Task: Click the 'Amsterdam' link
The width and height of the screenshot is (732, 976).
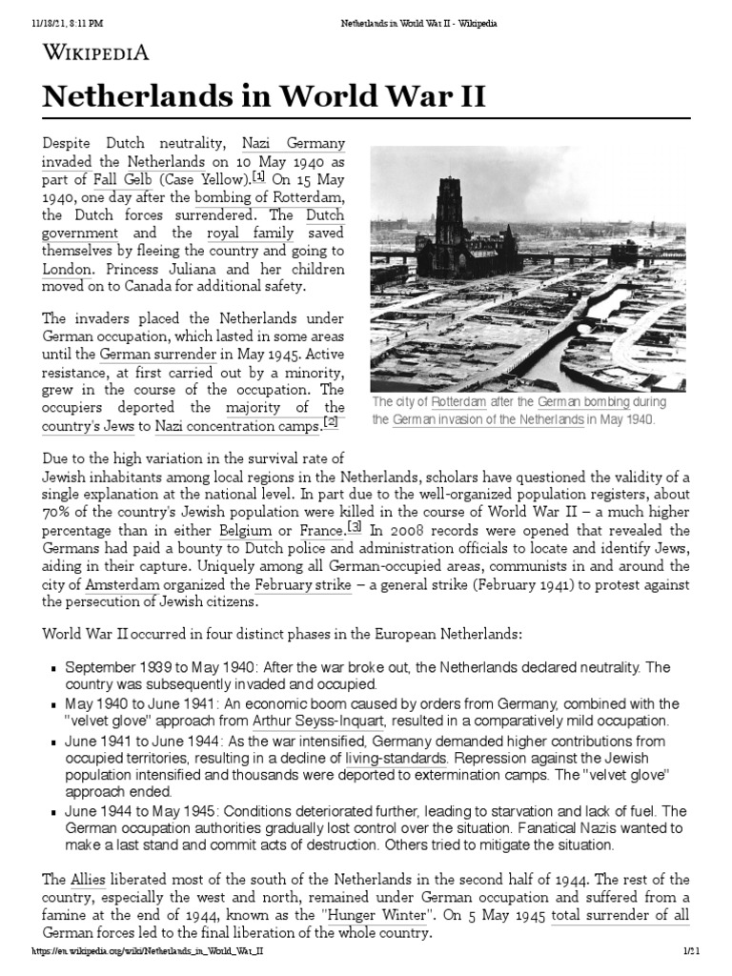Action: pos(123,584)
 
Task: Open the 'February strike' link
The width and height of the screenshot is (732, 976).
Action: pos(303,584)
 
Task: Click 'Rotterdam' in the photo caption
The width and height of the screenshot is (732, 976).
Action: pos(453,403)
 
